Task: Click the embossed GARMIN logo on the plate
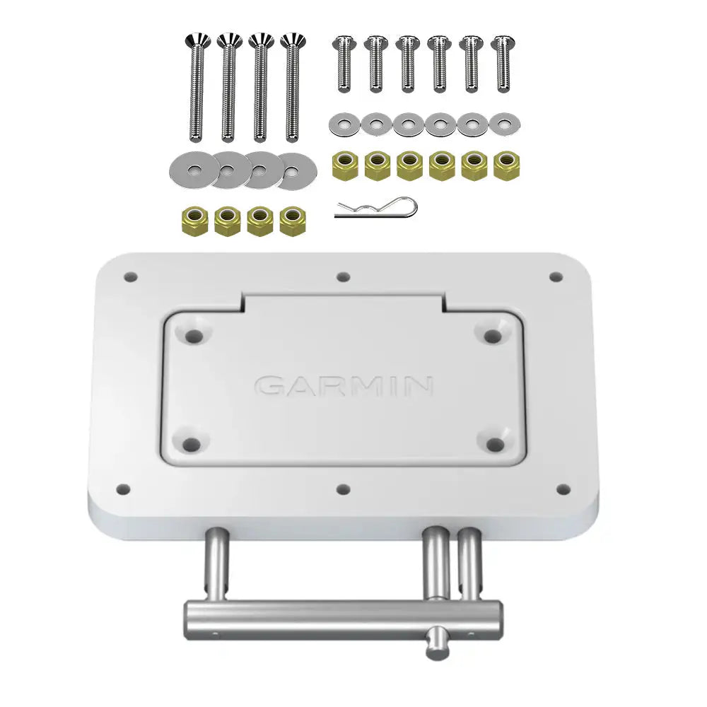pyautogui.click(x=344, y=386)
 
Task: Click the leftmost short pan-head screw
pyautogui.click(x=344, y=64)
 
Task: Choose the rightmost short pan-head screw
pyautogui.click(x=502, y=64)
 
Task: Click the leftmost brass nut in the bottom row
pyautogui.click(x=195, y=221)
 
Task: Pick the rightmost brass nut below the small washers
pyautogui.click(x=506, y=165)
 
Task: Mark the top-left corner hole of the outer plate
pyautogui.click(x=129, y=276)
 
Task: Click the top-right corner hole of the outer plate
pyautogui.click(x=556, y=276)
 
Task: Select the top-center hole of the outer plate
pyautogui.click(x=343, y=277)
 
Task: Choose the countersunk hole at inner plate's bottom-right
pyautogui.click(x=496, y=444)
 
